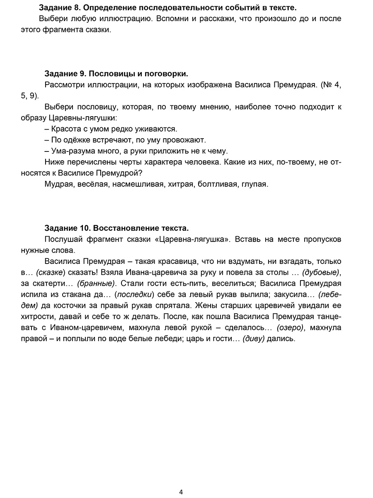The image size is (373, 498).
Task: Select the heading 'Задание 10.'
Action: (x=67, y=228)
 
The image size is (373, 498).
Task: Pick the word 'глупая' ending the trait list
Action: (x=253, y=184)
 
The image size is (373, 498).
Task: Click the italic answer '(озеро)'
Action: (x=291, y=327)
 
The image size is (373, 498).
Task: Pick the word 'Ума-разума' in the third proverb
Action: (x=68, y=151)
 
